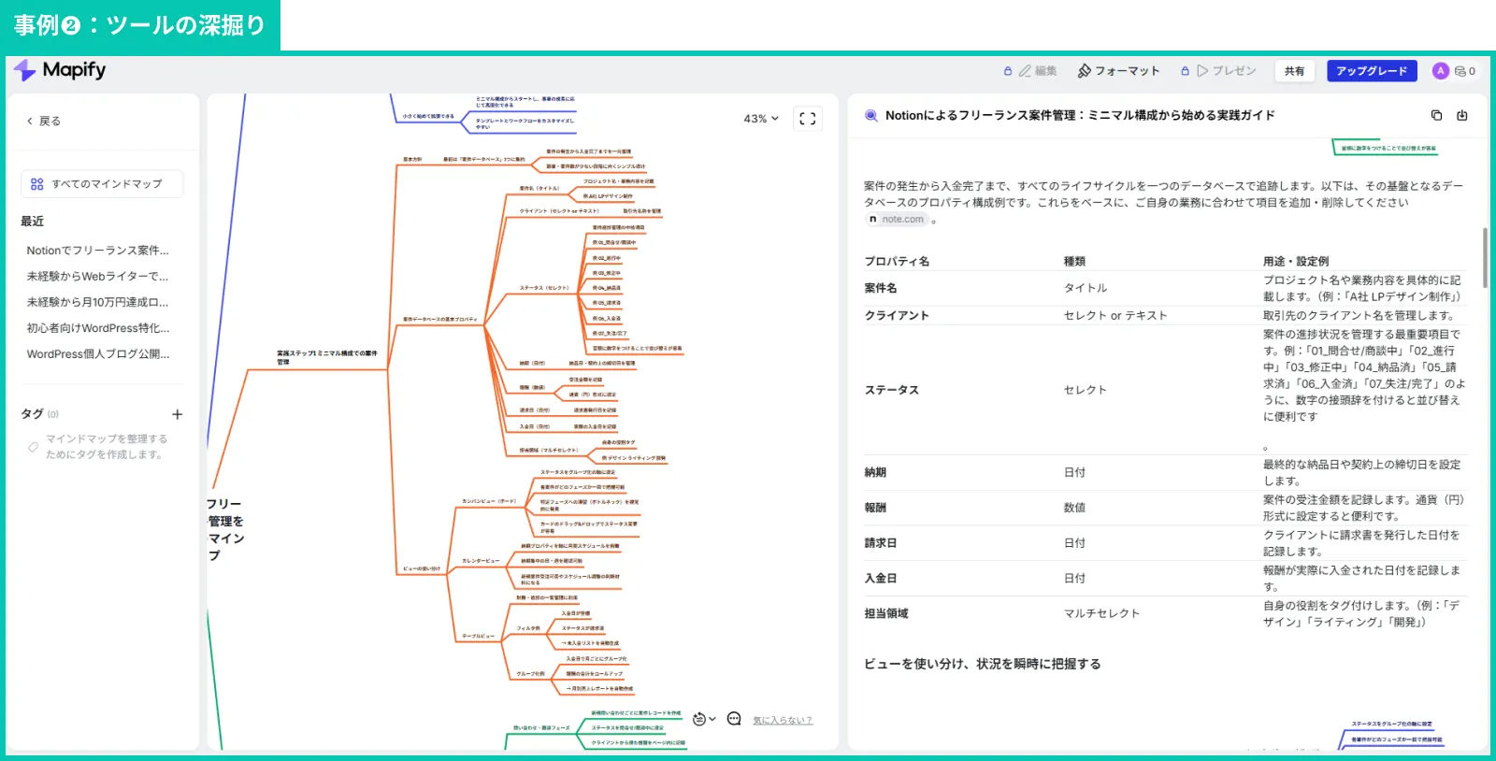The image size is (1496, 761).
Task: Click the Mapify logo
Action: (x=60, y=70)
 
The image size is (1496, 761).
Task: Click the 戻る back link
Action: (x=43, y=122)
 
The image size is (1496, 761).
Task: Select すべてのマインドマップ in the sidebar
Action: (x=102, y=184)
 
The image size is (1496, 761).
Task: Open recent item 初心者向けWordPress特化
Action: (x=98, y=328)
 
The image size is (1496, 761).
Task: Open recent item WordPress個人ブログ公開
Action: (x=98, y=354)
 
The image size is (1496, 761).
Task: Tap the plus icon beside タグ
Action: (x=178, y=414)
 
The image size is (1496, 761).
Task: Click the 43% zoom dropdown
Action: (x=761, y=119)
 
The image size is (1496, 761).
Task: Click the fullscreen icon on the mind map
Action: (x=807, y=119)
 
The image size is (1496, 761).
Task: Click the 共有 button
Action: (x=1294, y=71)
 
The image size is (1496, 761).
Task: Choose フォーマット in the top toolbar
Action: (x=1118, y=71)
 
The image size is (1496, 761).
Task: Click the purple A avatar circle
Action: (x=1440, y=71)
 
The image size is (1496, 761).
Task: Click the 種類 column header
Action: (x=1074, y=262)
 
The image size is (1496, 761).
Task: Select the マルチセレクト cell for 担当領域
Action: (x=1101, y=613)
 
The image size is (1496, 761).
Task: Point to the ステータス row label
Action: (x=891, y=390)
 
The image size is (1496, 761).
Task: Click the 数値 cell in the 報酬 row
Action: (x=1074, y=508)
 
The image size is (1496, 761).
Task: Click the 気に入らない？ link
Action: (x=783, y=720)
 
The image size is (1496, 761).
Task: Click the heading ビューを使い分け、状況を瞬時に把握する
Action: (x=982, y=664)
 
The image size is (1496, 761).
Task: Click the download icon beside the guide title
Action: (x=1461, y=116)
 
